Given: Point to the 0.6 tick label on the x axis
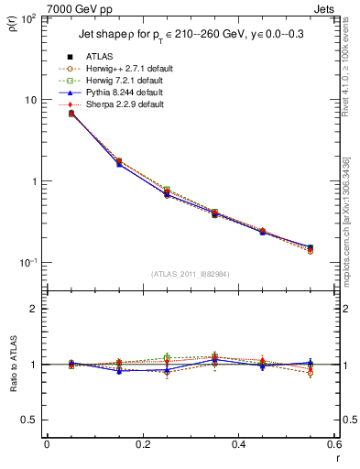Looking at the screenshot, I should pyautogui.click(x=334, y=444).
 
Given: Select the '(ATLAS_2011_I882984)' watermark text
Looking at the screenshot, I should pyautogui.click(x=191, y=274).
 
